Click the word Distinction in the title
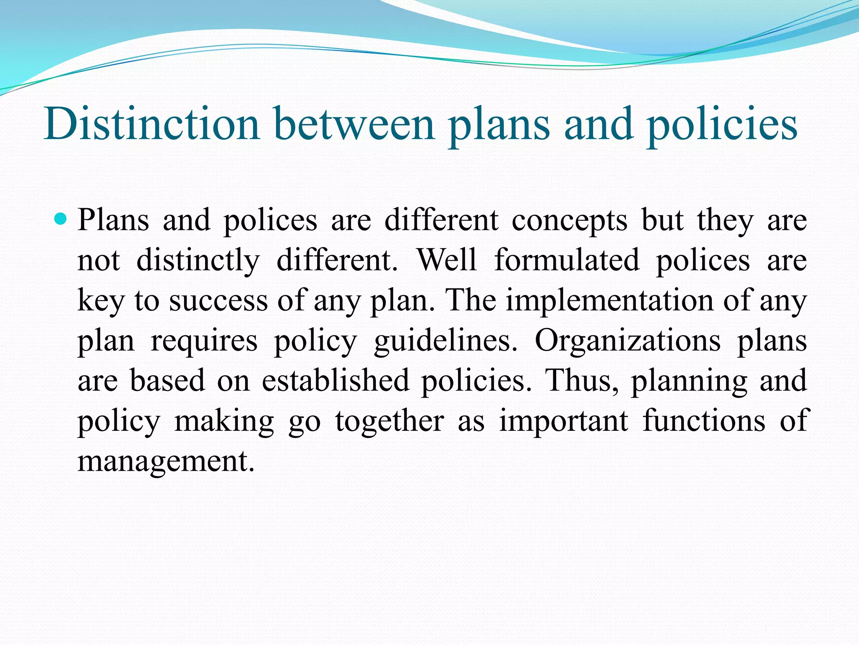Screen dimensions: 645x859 click(152, 124)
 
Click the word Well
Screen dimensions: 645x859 click(447, 260)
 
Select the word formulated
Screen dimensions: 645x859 click(567, 260)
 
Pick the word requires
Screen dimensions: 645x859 click(204, 341)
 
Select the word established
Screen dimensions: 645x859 click(335, 380)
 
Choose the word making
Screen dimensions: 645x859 click(224, 422)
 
